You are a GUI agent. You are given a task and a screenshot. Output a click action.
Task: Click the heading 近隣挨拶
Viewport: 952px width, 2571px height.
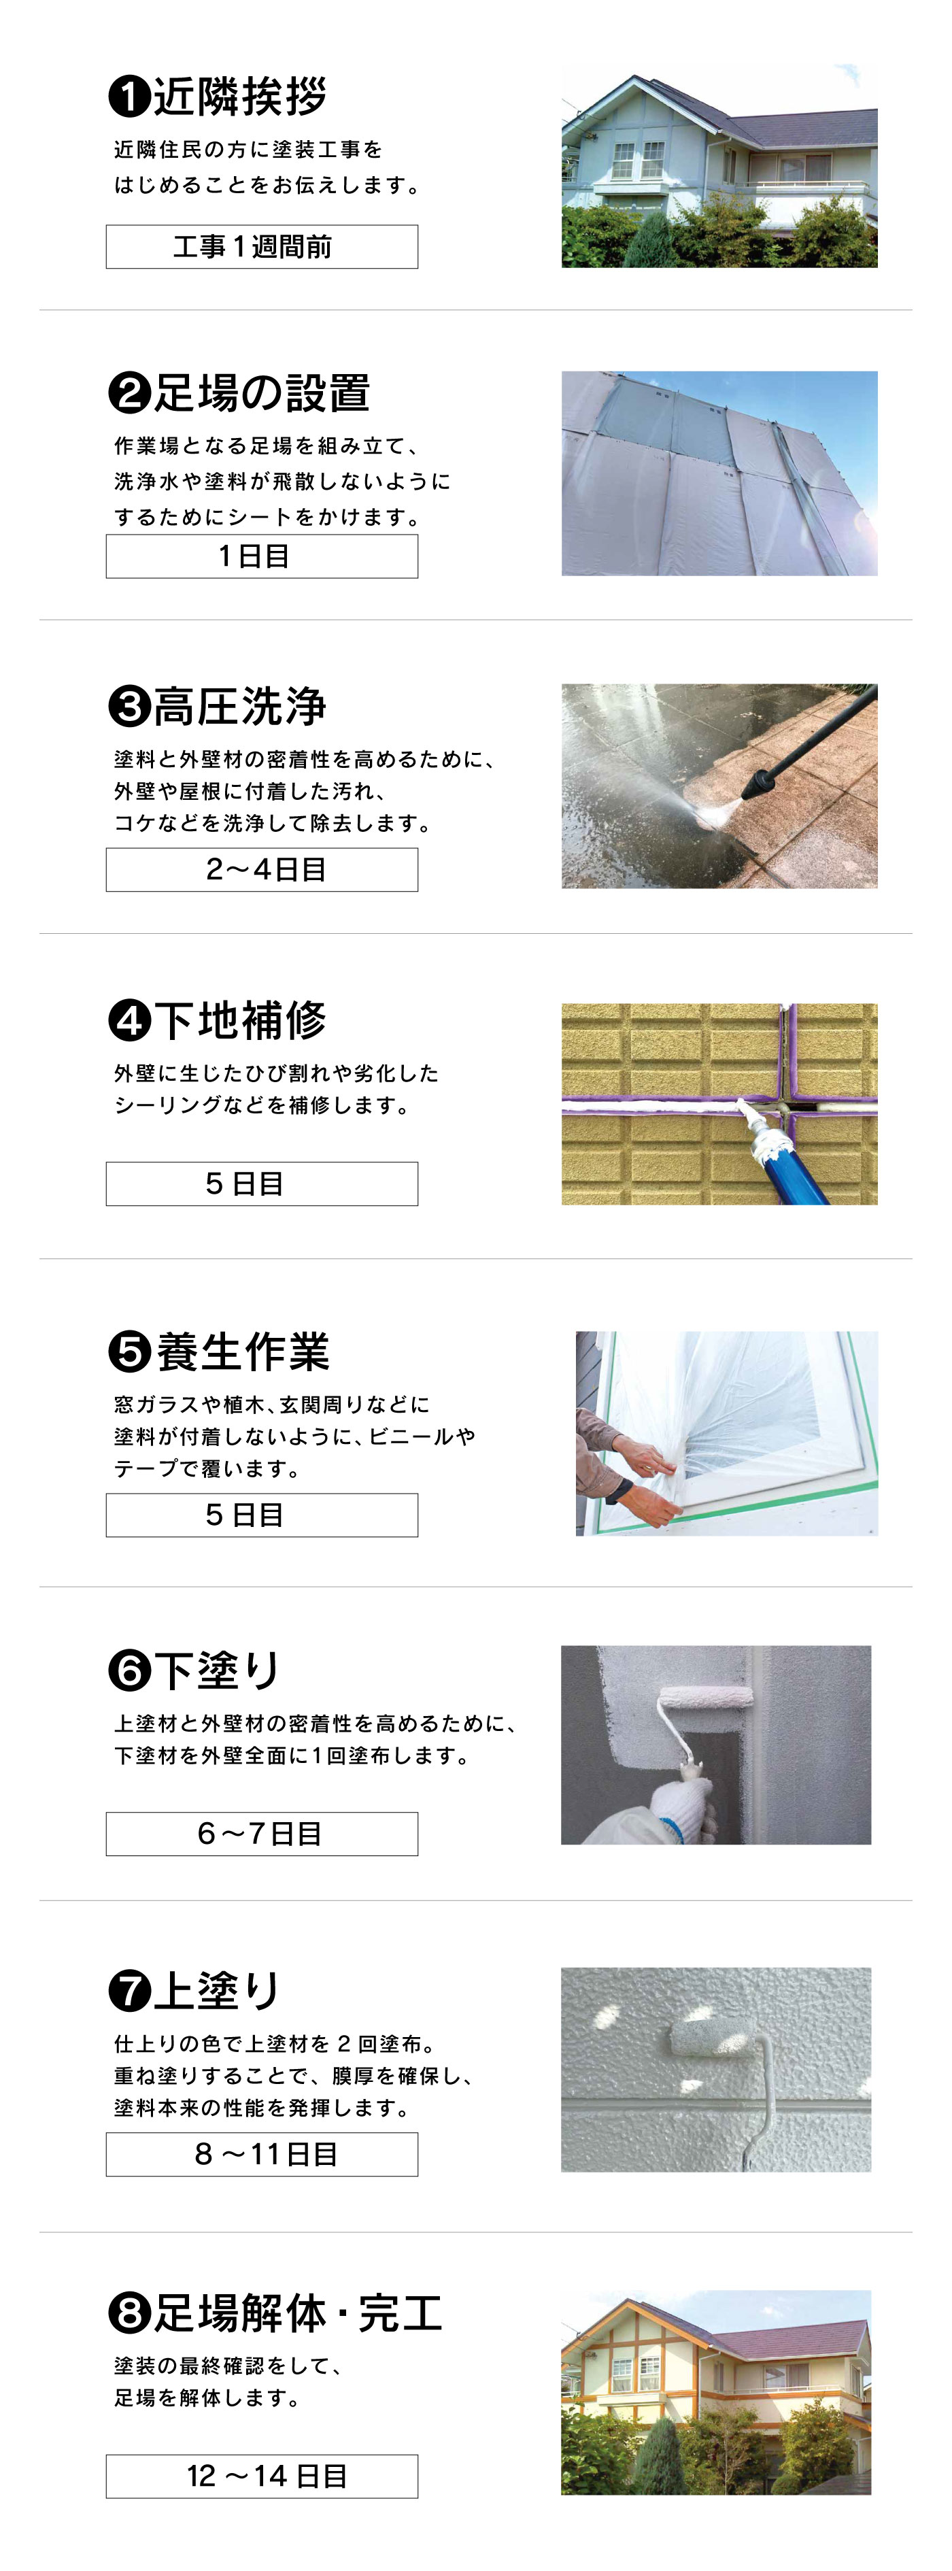[239, 96]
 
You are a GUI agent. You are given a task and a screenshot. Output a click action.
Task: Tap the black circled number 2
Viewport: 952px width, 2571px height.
[129, 393]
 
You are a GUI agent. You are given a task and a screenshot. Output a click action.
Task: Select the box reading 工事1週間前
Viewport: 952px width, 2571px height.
[261, 246]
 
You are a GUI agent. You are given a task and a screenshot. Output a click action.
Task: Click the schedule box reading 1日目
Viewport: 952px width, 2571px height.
[261, 556]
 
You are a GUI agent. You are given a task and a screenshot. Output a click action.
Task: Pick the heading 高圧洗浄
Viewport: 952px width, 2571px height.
[239, 707]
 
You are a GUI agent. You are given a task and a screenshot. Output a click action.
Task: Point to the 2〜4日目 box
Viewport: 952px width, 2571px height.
[261, 869]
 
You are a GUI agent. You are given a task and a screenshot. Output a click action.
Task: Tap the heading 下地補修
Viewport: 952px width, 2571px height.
[239, 1020]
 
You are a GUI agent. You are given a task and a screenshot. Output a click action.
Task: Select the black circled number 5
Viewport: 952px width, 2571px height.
[129, 1351]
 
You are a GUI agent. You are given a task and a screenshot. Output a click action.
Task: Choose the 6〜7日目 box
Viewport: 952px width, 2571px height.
[261, 1834]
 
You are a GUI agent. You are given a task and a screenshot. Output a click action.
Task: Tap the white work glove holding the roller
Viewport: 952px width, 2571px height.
[681, 1809]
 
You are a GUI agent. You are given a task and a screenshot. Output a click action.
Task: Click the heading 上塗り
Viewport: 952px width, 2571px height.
[216, 1990]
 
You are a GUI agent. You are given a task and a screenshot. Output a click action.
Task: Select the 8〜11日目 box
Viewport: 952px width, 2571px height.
[261, 2154]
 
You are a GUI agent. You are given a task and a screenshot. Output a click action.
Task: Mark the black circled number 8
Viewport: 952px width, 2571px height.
[129, 2313]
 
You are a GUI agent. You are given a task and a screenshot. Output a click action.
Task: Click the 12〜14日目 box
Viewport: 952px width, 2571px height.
[261, 2476]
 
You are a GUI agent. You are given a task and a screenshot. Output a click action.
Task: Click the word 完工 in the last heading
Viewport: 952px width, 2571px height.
[400, 2313]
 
